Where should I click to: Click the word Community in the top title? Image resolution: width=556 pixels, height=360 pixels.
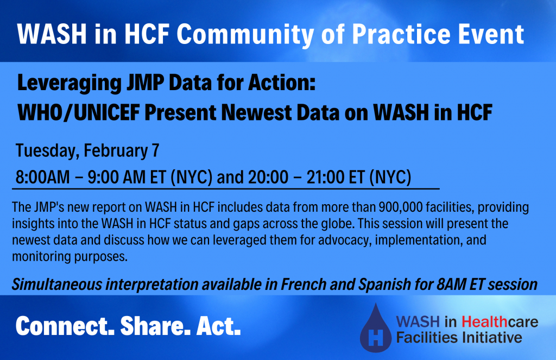[245, 35]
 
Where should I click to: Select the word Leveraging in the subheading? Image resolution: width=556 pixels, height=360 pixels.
[69, 84]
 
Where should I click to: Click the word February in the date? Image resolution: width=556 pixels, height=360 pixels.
[116, 151]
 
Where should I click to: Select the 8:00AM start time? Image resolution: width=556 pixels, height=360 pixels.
[42, 177]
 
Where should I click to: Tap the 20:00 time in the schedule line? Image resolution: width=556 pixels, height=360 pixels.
[268, 177]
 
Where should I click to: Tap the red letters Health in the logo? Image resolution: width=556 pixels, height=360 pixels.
[485, 321]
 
